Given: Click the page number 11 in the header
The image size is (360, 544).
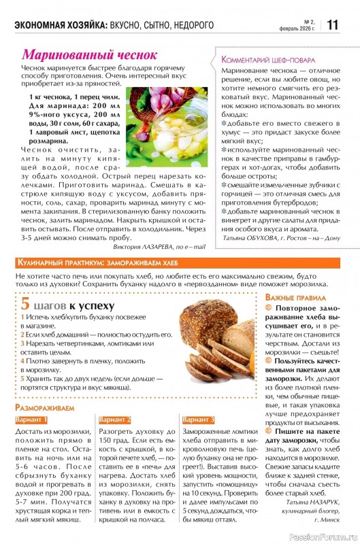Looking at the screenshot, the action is click(333, 24).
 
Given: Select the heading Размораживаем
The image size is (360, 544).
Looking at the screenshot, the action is click(45, 407).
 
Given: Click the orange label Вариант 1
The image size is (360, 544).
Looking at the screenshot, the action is click(32, 420).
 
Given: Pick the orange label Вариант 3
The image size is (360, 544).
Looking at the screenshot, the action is click(199, 420).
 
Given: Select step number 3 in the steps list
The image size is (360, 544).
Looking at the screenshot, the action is click(22, 343).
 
